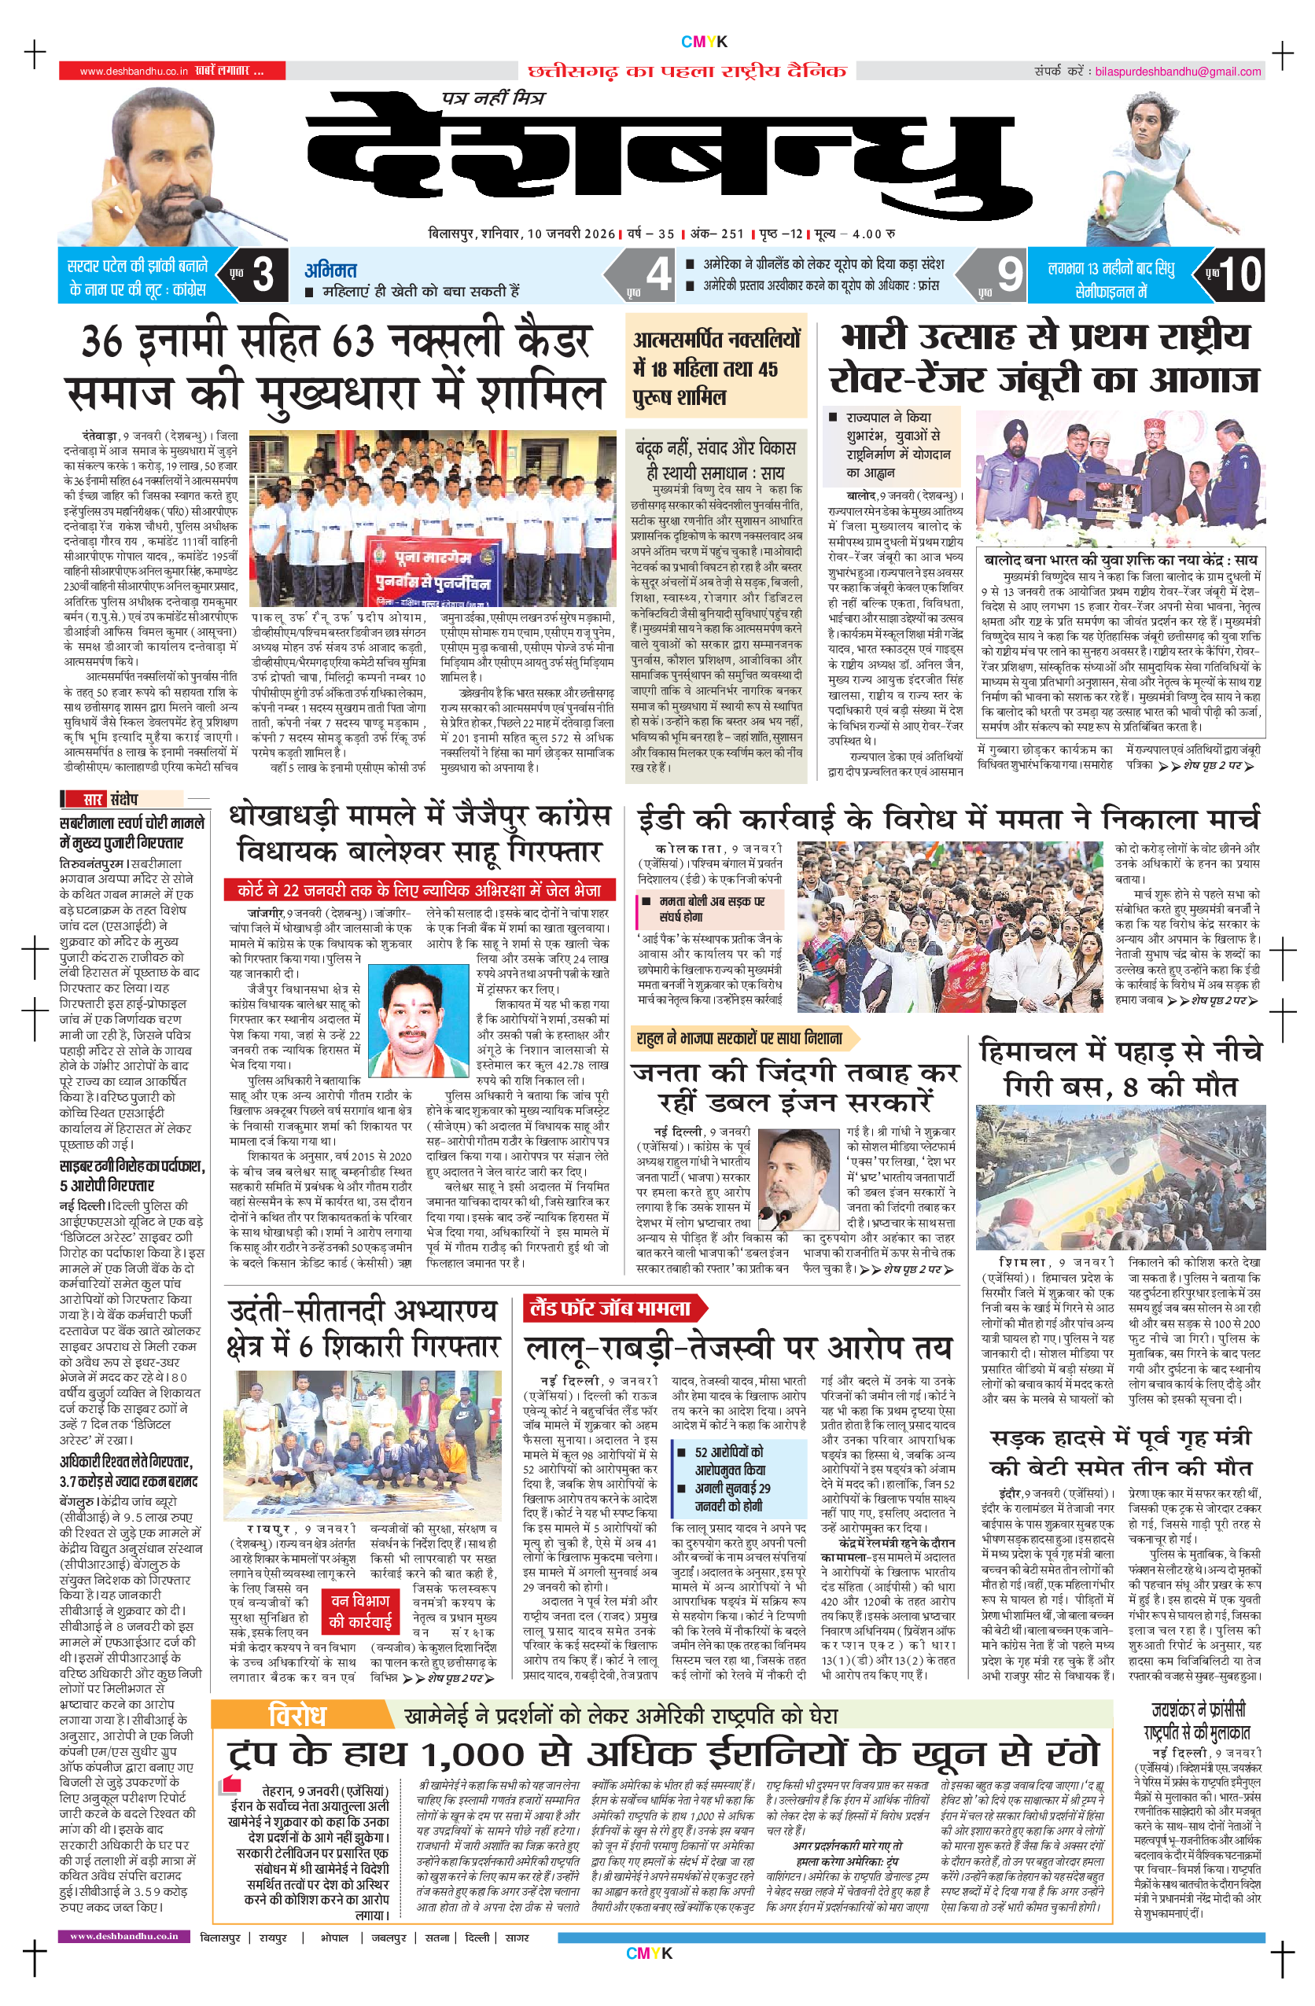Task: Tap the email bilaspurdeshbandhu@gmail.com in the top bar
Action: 1177,72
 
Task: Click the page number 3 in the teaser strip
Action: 262,274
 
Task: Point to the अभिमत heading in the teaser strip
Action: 330,270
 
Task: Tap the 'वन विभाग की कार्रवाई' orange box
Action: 360,1610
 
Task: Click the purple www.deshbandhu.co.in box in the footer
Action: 124,1936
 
